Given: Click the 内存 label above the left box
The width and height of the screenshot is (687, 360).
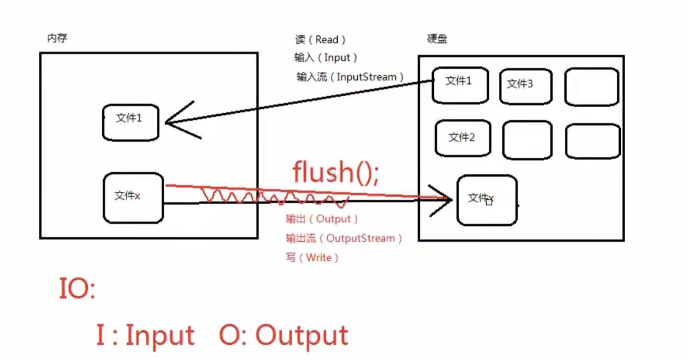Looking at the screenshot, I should (x=57, y=38).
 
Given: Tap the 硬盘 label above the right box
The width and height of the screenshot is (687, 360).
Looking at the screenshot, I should (x=437, y=39).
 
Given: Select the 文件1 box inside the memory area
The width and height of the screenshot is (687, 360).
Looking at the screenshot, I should (x=130, y=122).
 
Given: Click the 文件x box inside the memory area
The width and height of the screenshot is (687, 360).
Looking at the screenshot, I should (x=133, y=198).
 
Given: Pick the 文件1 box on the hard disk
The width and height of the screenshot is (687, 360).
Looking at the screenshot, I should (x=460, y=85).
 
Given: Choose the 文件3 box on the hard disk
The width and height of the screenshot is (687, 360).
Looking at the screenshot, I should (x=525, y=86).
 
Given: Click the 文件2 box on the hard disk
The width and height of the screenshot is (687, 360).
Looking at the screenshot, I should (x=463, y=138).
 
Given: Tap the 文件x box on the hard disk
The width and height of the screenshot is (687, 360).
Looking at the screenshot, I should (x=487, y=200).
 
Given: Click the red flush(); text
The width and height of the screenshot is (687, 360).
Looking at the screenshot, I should (x=336, y=172).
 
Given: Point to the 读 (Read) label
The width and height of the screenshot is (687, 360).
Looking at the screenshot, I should (x=320, y=40).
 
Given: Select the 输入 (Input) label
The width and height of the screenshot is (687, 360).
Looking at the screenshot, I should (x=326, y=58).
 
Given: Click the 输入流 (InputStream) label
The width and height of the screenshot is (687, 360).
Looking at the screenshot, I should (x=350, y=77).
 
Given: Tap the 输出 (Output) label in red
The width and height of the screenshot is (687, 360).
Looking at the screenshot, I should (x=322, y=219).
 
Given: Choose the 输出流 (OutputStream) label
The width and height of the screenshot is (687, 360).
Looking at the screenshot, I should (x=343, y=238).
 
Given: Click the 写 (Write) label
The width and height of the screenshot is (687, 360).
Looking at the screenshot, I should (x=312, y=258).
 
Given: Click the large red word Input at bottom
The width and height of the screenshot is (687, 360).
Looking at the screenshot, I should (x=160, y=336).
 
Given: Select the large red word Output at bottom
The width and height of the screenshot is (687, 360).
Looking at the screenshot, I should (x=301, y=336).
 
